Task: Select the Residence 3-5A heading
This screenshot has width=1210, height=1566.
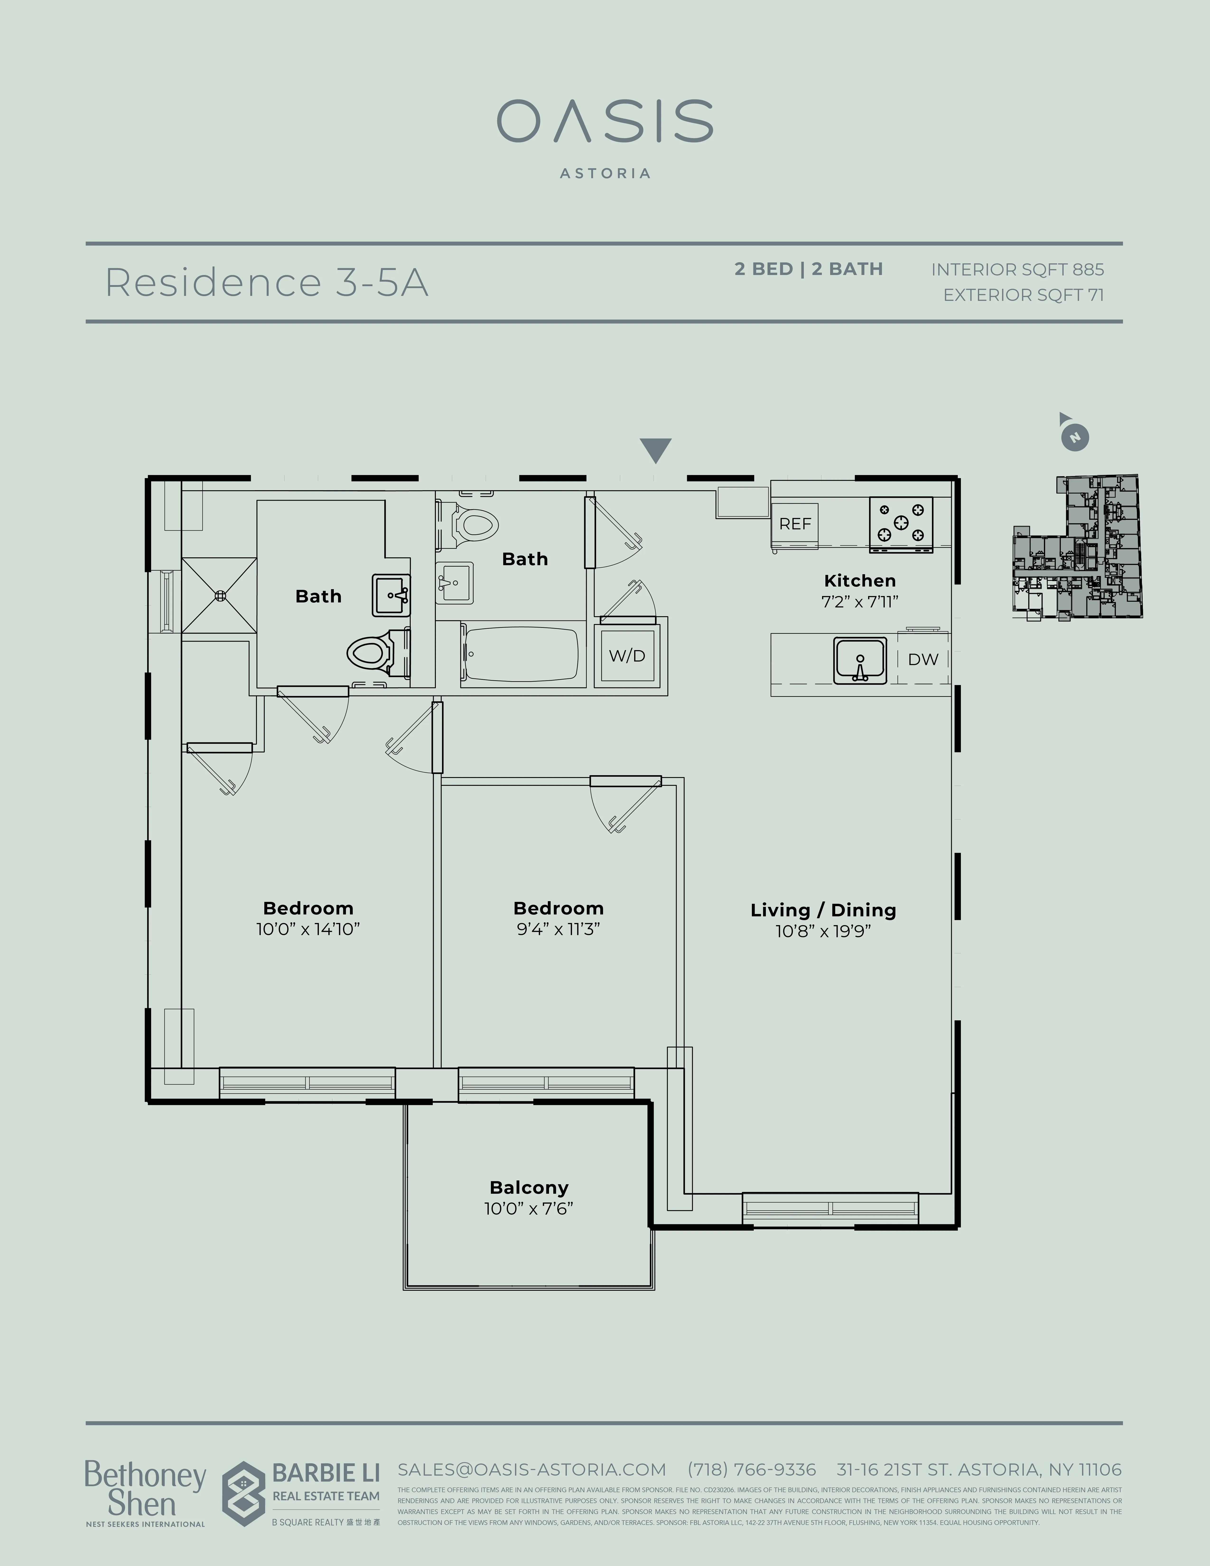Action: pos(267,283)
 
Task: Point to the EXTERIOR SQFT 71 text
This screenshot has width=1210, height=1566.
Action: pos(1023,295)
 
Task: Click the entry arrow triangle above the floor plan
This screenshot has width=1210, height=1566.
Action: pos(655,450)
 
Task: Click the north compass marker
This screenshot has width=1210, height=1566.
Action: pos(1074,437)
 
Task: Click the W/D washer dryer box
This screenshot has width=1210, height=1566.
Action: pos(627,655)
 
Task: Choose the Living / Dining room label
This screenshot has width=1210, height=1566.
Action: pos(823,910)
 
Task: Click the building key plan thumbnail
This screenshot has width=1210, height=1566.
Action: pos(1077,547)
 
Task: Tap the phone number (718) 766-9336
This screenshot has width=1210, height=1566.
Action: pos(751,1469)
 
